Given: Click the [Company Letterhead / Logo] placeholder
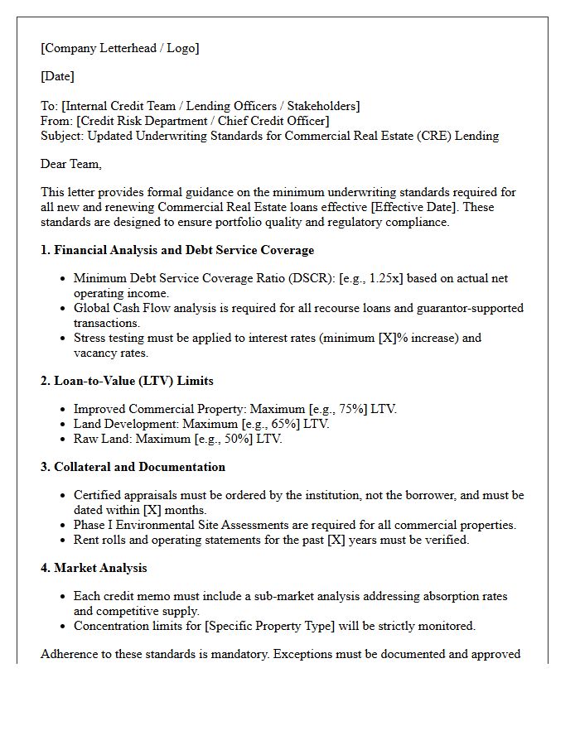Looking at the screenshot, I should (x=119, y=48).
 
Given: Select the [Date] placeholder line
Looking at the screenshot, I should (x=57, y=76).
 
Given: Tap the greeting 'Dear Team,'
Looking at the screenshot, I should (x=71, y=164).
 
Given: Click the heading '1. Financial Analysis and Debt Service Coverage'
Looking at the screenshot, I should (x=177, y=250).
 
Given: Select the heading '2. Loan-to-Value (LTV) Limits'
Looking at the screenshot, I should (x=127, y=381).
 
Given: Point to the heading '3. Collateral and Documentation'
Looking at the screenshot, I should (x=133, y=467).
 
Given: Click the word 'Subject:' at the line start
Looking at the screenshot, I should (x=62, y=136).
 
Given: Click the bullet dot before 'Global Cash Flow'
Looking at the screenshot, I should (x=64, y=308).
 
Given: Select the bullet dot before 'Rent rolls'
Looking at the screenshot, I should (x=64, y=540).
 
